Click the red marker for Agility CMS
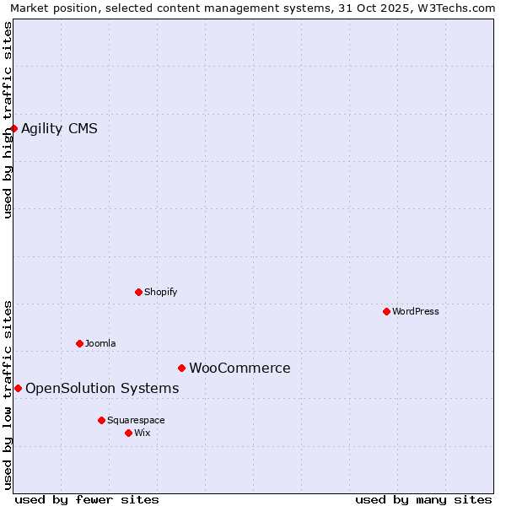tap(14, 128)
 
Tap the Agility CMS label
tap(59, 129)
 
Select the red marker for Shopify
tap(138, 292)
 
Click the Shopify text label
tap(160, 293)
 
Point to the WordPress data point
tap(386, 311)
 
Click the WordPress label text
tap(415, 312)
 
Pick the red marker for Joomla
tap(79, 343)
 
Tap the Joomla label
tap(100, 344)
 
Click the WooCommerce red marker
tap(181, 368)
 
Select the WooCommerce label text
tap(240, 369)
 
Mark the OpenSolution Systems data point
tap(18, 388)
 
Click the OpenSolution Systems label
tap(102, 389)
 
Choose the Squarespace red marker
tap(101, 420)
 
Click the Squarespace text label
tap(136, 421)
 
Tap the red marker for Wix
tap(128, 433)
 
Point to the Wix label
tap(142, 433)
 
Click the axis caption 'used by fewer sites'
tap(87, 499)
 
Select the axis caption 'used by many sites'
tap(423, 499)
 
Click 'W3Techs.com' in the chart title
tap(460, 8)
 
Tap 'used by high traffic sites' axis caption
tap(8, 120)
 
